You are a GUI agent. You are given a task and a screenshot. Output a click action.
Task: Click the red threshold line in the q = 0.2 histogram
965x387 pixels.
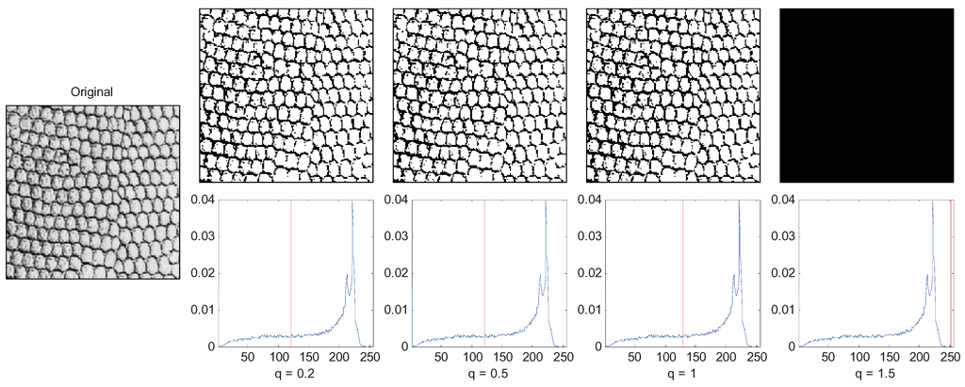[x=291, y=273]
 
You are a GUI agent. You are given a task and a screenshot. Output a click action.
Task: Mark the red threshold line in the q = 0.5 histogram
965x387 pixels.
[x=484, y=273]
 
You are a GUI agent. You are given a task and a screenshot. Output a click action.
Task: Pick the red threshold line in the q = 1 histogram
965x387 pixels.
[x=683, y=273]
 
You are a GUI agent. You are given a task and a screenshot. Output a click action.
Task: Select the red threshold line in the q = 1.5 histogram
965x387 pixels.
[x=952, y=273]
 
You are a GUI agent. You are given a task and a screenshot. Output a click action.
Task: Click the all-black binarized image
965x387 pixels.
[x=867, y=95]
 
